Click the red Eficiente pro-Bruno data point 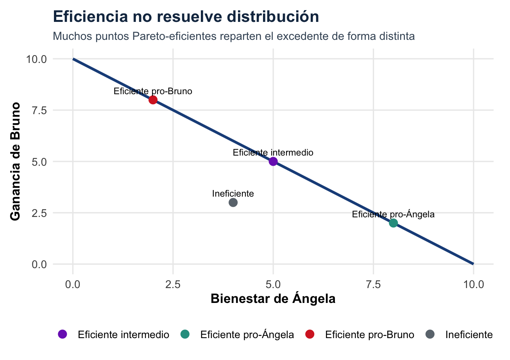153,100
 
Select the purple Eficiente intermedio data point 273,161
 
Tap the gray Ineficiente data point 233,202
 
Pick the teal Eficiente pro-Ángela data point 393,223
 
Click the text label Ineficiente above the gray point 233,193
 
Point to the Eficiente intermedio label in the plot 273,152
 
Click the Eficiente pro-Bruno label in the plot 153,91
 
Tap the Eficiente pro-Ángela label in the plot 393,214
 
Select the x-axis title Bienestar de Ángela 273,299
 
